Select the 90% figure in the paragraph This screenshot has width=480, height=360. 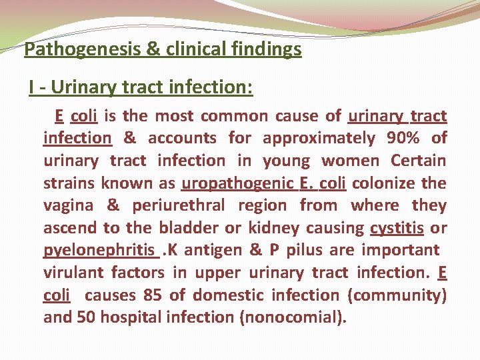(x=403, y=138)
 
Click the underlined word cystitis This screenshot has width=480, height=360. (x=397, y=228)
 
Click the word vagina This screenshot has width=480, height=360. (x=69, y=205)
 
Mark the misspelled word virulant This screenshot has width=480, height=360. (x=73, y=273)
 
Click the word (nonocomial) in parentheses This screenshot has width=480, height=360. (x=293, y=317)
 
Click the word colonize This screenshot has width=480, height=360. (x=386, y=183)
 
